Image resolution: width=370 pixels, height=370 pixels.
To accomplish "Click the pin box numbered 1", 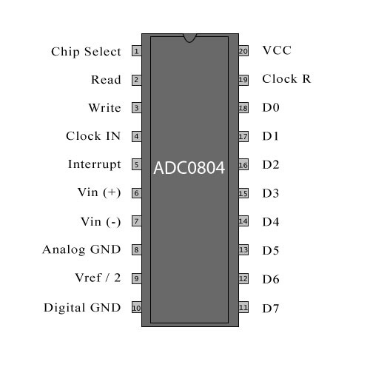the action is pyautogui.click(x=137, y=51).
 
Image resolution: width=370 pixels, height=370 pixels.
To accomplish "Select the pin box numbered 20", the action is pyautogui.click(x=243, y=51).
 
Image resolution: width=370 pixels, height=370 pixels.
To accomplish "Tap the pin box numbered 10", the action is pyautogui.click(x=137, y=307).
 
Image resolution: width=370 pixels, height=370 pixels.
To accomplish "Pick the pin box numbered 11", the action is pyautogui.click(x=243, y=307).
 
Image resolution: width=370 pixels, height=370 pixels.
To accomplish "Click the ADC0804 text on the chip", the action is pyautogui.click(x=189, y=168).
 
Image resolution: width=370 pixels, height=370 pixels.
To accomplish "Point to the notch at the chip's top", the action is pyautogui.click(x=189, y=38).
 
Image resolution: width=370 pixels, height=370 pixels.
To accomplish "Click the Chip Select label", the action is pyautogui.click(x=86, y=52).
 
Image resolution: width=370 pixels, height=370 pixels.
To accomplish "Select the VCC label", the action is pyautogui.click(x=277, y=50).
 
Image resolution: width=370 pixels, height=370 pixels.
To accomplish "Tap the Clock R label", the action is pyautogui.click(x=286, y=78).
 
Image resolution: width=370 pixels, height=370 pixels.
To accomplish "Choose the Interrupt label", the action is pyautogui.click(x=95, y=164).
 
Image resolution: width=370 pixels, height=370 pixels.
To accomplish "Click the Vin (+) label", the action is pyautogui.click(x=99, y=192).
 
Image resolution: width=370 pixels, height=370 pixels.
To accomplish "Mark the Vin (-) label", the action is pyautogui.click(x=101, y=221).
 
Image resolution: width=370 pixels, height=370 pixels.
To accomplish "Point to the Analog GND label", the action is pyautogui.click(x=81, y=249).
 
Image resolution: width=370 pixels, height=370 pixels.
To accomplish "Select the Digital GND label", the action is pyautogui.click(x=82, y=308).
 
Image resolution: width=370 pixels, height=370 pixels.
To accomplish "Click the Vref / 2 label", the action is pyautogui.click(x=98, y=277).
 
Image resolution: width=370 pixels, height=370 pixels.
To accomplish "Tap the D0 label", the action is pyautogui.click(x=271, y=107).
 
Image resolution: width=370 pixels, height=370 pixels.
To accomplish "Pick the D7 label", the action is pyautogui.click(x=271, y=309).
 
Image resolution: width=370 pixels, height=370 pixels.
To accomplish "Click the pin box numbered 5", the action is pyautogui.click(x=137, y=164).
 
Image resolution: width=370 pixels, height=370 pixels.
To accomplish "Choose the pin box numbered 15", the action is pyautogui.click(x=243, y=193).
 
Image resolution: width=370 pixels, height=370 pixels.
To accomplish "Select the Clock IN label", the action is pyautogui.click(x=93, y=136).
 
